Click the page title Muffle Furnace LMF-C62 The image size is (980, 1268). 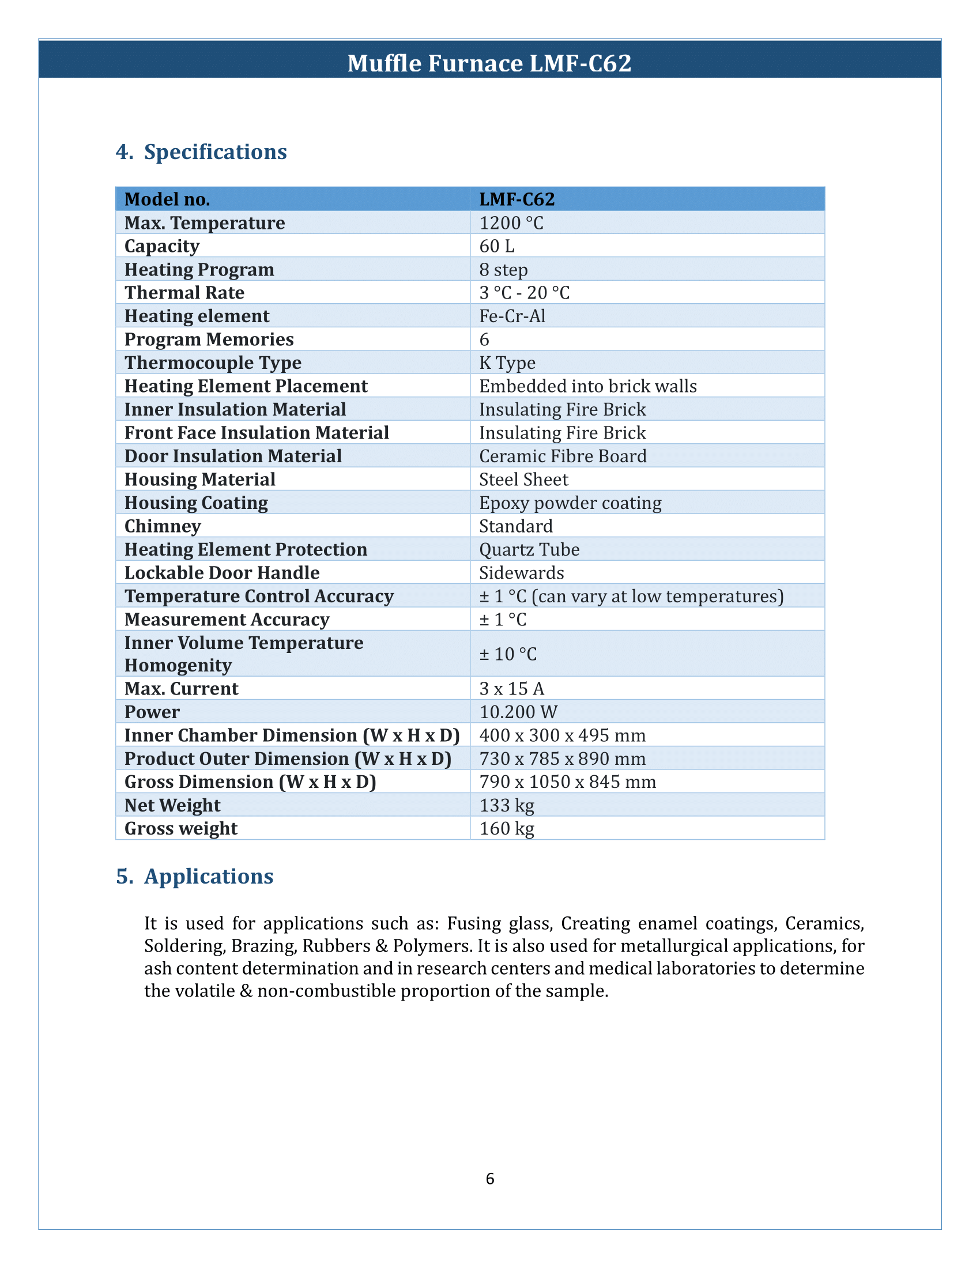[489, 63]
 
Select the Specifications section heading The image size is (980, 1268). [201, 152]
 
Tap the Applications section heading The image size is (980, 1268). [194, 877]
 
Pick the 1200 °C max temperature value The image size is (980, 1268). [511, 223]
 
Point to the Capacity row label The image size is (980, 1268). [162, 246]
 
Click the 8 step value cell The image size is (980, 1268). [503, 270]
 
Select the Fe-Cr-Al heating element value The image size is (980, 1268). [512, 316]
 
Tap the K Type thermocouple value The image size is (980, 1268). [507, 363]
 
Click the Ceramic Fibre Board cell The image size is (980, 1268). [563, 456]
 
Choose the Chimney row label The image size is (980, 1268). [163, 526]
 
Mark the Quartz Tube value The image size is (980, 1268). [529, 550]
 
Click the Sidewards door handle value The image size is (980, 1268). [521, 573]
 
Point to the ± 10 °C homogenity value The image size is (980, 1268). [508, 654]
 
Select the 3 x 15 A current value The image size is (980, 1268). [511, 689]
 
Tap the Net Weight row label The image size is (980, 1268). [172, 805]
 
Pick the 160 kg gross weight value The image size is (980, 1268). [506, 828]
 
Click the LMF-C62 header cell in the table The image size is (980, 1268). [517, 200]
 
